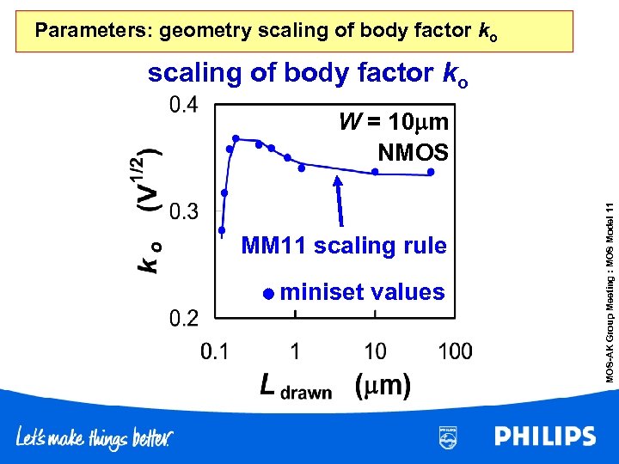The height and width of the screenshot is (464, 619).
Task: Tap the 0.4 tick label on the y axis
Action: [x=182, y=105]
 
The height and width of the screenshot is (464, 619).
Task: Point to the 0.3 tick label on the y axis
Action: [x=182, y=211]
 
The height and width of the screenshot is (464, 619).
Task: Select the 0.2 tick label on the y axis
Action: [x=182, y=319]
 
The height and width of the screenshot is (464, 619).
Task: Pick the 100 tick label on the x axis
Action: [x=455, y=351]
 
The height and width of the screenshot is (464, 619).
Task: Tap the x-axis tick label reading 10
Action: [x=375, y=351]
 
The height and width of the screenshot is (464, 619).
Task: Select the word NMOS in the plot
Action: [x=413, y=153]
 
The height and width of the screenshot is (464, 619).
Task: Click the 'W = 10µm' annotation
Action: [x=393, y=122]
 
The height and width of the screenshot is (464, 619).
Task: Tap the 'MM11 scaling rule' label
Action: [x=344, y=247]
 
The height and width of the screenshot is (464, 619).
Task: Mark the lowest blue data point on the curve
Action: [x=221, y=230]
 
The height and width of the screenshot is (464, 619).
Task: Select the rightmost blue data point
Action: [x=432, y=171]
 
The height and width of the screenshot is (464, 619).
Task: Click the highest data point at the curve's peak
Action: [x=236, y=137]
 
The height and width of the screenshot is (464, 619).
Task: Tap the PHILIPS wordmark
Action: [x=545, y=437]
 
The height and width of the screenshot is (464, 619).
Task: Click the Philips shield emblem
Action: [x=448, y=436]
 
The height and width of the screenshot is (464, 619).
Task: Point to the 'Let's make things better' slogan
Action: [x=95, y=437]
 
